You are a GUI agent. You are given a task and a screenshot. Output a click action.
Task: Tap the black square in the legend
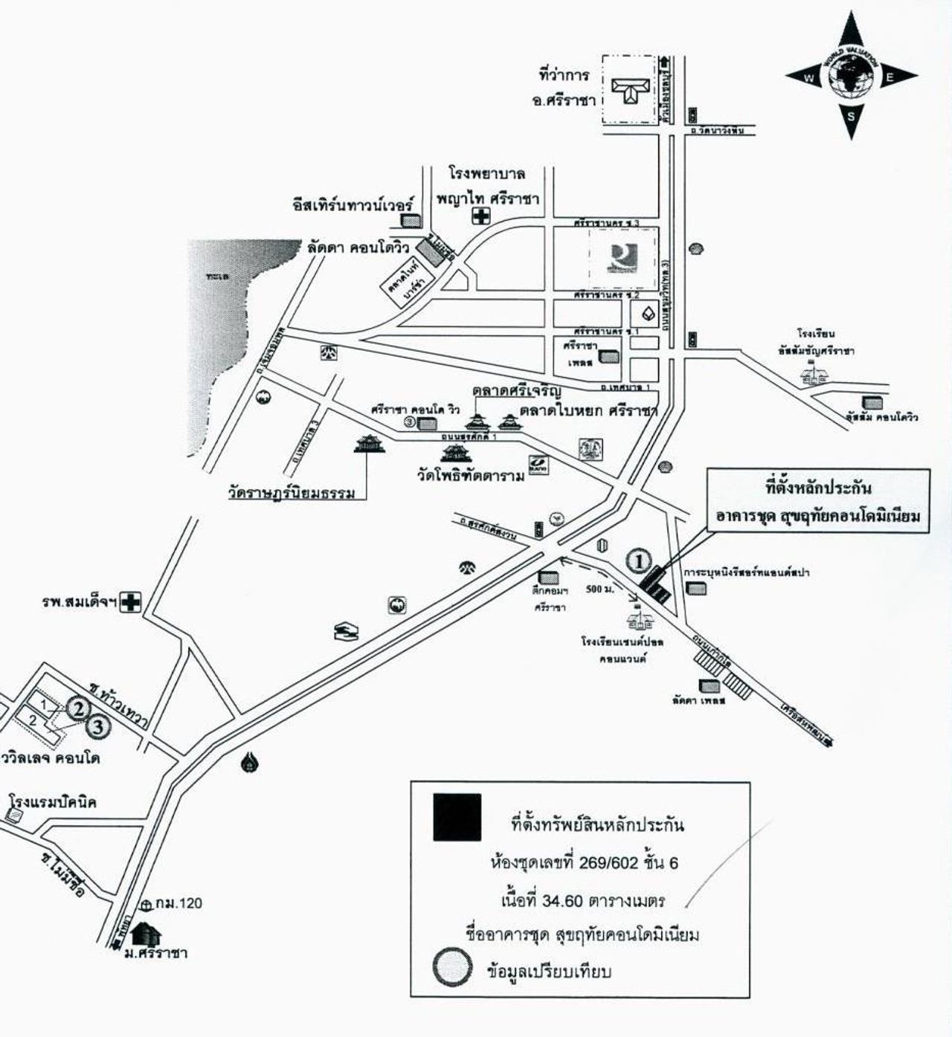click(457, 818)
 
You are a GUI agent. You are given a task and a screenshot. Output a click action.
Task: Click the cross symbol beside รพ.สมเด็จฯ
click(132, 601)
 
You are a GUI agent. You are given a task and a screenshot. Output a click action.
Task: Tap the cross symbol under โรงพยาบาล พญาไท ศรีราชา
click(483, 216)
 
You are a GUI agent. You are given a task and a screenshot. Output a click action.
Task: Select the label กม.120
click(178, 903)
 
